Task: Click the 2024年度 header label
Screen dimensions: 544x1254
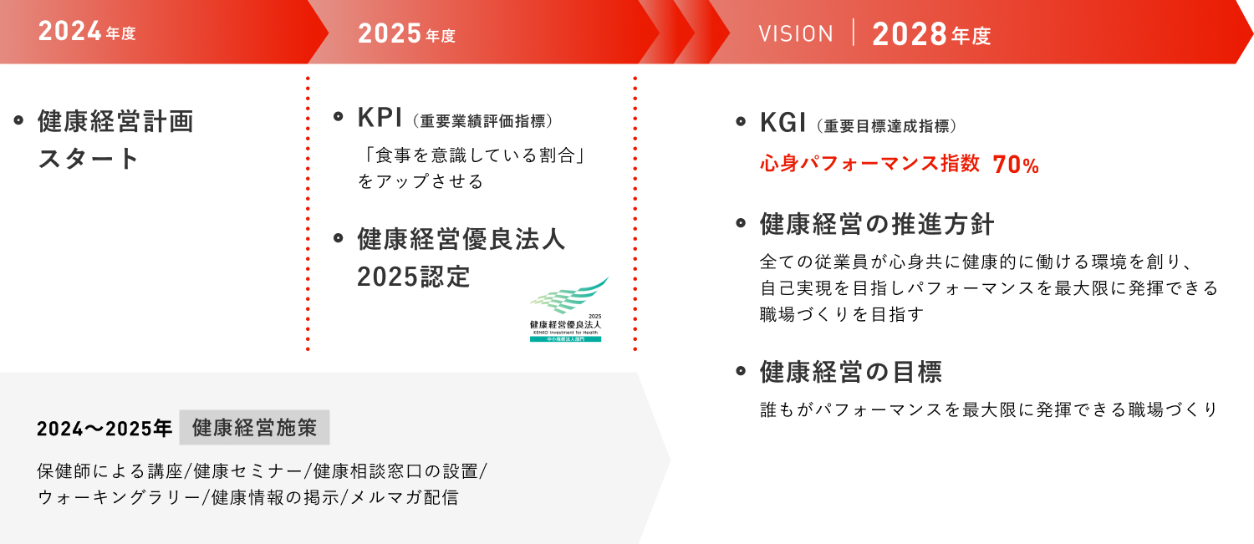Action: (86, 34)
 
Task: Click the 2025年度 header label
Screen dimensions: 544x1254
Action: (406, 34)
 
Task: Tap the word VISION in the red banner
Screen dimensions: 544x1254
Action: (796, 34)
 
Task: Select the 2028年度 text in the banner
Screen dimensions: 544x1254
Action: (930, 35)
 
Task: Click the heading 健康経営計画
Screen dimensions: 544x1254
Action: (115, 122)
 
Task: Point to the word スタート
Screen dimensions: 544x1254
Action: (89, 159)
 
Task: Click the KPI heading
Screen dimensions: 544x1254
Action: (380, 119)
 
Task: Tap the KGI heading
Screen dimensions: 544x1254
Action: (782, 124)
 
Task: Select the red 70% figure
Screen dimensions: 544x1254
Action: (1016, 165)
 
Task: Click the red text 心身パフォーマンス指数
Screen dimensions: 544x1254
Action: (869, 164)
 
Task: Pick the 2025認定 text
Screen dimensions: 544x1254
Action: (414, 277)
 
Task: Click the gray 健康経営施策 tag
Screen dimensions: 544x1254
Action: (254, 428)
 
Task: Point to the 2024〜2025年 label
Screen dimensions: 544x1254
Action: (104, 429)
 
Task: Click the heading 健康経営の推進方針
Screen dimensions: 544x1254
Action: (877, 225)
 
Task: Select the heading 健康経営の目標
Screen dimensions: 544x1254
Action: (851, 372)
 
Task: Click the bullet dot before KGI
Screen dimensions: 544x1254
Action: (740, 123)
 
